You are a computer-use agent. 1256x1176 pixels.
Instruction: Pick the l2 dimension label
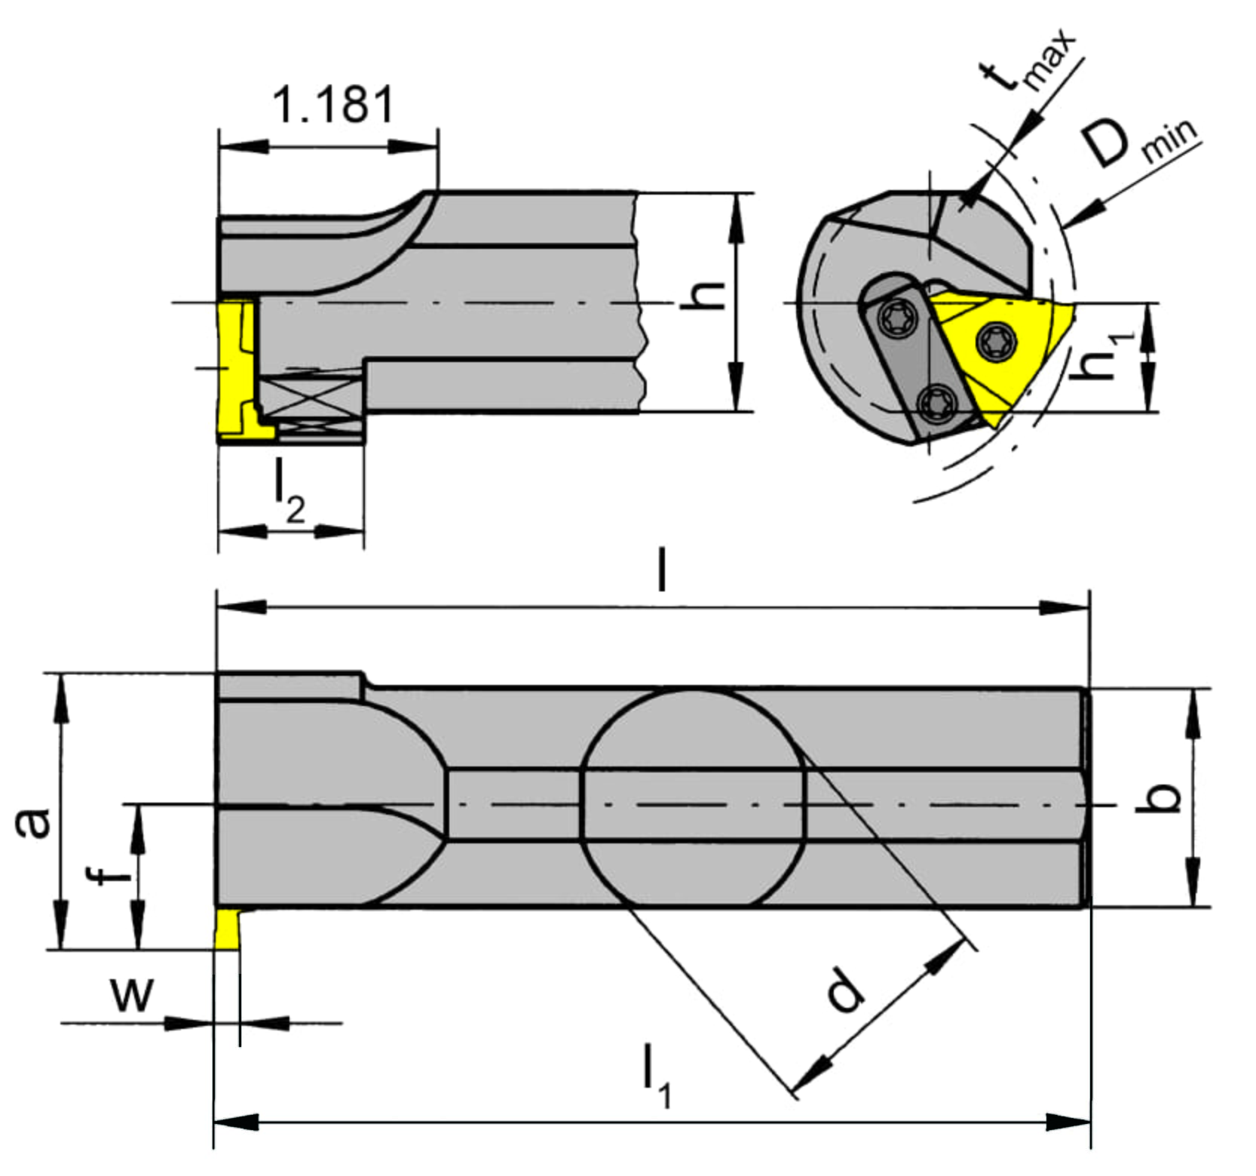(x=289, y=497)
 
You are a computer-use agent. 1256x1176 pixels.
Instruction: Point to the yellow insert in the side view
(x=235, y=370)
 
